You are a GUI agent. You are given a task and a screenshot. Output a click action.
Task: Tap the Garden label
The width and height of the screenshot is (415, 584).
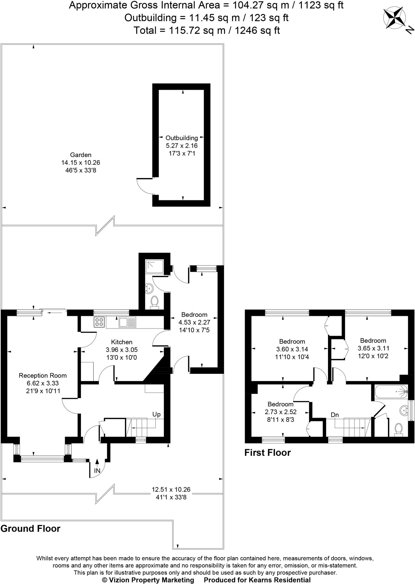click(81, 155)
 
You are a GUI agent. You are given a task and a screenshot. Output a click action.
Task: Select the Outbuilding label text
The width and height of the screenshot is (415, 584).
click(182, 138)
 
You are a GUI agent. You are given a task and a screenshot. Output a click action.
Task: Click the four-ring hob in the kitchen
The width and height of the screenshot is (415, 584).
click(99, 322)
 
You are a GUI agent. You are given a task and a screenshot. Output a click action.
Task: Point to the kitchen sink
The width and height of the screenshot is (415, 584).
click(127, 322)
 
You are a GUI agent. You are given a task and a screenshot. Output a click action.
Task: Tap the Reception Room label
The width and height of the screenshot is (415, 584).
click(42, 376)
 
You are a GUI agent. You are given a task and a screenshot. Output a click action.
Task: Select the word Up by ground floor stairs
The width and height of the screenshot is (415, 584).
click(156, 414)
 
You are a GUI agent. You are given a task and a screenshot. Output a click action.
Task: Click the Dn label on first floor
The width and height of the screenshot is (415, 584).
click(335, 415)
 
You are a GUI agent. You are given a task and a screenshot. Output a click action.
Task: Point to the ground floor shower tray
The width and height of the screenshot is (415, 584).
click(155, 266)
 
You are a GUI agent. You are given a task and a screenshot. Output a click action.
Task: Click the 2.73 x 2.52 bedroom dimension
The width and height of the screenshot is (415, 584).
click(281, 412)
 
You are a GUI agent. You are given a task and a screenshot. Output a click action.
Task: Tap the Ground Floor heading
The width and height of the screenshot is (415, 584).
click(31, 528)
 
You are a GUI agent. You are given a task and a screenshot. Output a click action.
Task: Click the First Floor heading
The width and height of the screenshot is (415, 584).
click(268, 453)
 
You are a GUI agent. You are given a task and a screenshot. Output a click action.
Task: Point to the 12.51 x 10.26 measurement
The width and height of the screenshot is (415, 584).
click(171, 490)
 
